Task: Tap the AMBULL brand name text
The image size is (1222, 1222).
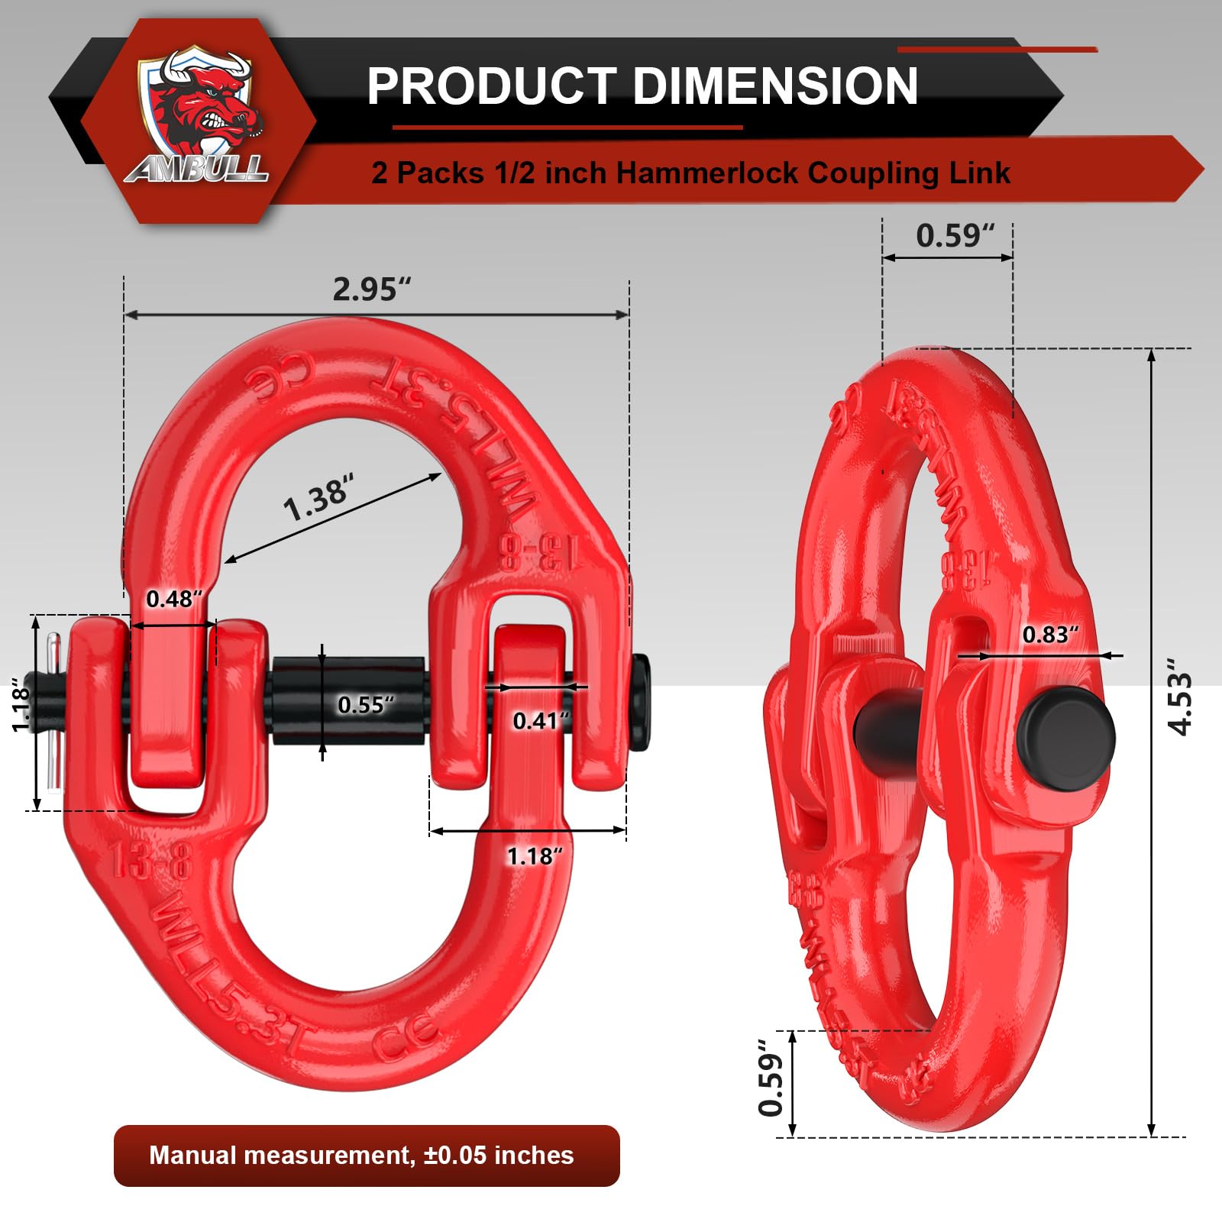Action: coord(197,169)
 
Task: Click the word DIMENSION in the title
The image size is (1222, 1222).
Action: coord(774,86)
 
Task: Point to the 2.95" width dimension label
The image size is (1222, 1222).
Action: coord(371,289)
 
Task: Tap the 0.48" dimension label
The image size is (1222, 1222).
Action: coord(175,599)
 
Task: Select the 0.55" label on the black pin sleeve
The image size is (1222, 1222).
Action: coord(367,704)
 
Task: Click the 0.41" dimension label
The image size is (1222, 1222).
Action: coord(541,720)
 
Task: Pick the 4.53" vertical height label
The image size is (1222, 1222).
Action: coord(1180,703)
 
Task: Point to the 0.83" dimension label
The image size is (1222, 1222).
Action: coord(1050,635)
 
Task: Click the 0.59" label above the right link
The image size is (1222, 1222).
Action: coord(955,235)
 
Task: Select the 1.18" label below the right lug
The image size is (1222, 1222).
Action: coord(535,856)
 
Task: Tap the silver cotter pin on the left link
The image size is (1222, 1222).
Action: coord(53,710)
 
